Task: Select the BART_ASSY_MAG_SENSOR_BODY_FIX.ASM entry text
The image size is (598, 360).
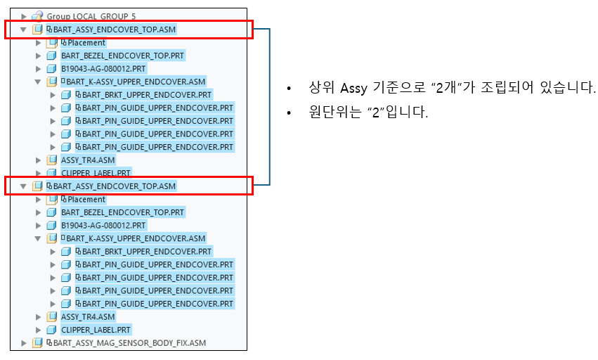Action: (x=130, y=343)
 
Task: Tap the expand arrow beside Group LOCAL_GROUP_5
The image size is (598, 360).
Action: (x=24, y=16)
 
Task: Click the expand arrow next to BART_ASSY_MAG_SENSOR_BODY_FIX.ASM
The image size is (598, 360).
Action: (x=24, y=343)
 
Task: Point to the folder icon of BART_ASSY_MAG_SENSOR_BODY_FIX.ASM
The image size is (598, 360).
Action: (x=37, y=343)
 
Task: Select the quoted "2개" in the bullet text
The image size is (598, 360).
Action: (x=446, y=89)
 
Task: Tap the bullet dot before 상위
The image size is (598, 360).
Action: (x=289, y=89)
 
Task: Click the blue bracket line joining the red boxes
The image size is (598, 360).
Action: (x=270, y=105)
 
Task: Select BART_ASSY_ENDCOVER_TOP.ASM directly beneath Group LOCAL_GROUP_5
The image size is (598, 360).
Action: (x=114, y=30)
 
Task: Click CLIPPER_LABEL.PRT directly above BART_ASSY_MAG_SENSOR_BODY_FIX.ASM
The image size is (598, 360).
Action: (x=96, y=330)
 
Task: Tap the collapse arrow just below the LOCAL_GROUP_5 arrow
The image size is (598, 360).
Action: (x=24, y=30)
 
